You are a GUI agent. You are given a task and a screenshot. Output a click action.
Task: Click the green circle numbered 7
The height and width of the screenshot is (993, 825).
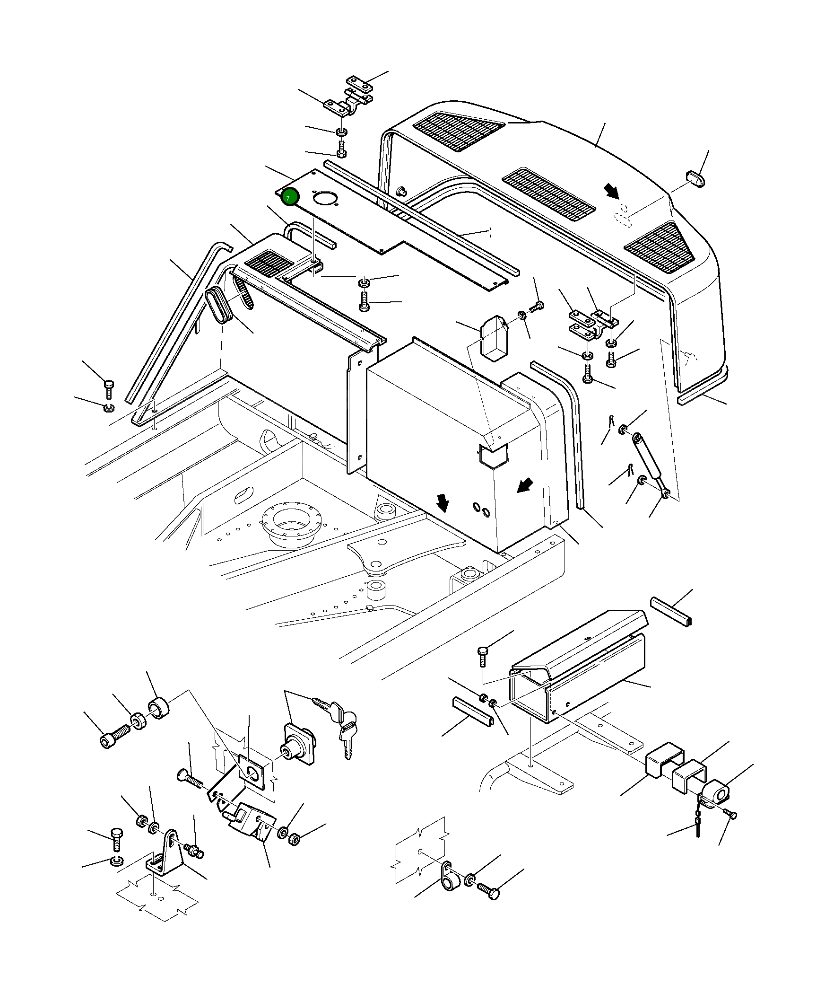pyautogui.click(x=290, y=197)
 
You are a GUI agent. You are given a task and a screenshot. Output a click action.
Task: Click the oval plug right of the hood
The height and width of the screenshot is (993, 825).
pyautogui.click(x=695, y=180)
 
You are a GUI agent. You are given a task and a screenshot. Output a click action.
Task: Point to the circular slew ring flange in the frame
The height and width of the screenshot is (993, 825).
pyautogui.click(x=292, y=524)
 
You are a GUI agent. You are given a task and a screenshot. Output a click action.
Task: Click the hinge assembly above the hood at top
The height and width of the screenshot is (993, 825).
pyautogui.click(x=349, y=100)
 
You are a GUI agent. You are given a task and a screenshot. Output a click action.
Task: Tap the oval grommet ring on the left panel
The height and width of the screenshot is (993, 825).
pyautogui.click(x=218, y=306)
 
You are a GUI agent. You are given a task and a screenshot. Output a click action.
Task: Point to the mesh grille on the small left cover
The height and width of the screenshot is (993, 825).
pyautogui.click(x=269, y=264)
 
